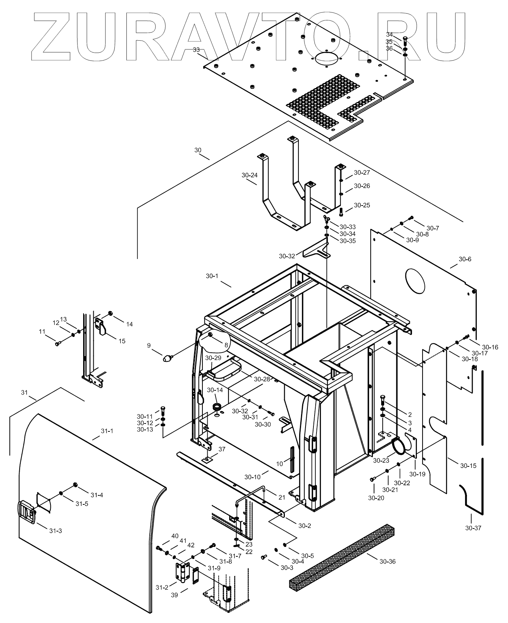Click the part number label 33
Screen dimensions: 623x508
[196, 50]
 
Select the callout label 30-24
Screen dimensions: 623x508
[249, 175]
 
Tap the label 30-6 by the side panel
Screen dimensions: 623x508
[465, 259]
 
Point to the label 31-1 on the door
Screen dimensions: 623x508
[107, 431]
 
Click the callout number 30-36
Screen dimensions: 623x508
[387, 562]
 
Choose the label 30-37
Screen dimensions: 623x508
[473, 528]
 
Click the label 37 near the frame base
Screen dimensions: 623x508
[222, 449]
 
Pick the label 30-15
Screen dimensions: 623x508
[468, 466]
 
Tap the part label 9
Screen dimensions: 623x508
[149, 345]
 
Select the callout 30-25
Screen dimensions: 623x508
[362, 205]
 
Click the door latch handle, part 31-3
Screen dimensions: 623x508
[26, 512]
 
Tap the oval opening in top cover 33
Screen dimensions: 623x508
[327, 58]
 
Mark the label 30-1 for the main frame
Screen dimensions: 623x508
[212, 276]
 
